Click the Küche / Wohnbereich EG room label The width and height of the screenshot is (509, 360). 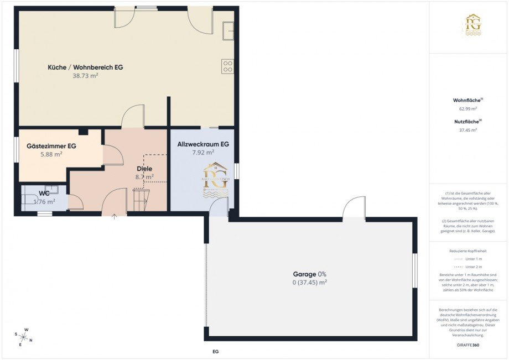point(85,67)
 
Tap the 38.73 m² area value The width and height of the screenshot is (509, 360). point(85,76)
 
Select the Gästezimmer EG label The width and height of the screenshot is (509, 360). point(51,146)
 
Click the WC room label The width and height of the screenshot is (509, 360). point(44,194)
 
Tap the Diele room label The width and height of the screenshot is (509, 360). point(144,169)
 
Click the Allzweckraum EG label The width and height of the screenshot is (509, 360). point(203,144)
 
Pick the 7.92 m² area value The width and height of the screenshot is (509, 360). point(203,152)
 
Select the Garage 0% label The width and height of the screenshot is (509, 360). point(310,274)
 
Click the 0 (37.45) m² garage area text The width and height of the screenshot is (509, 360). point(310,282)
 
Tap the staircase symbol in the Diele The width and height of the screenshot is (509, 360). point(141,200)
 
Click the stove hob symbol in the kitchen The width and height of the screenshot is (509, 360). point(228,66)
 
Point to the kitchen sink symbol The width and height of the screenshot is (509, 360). point(228,31)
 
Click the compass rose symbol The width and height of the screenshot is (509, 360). point(25,336)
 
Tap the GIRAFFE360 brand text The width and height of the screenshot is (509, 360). point(468,345)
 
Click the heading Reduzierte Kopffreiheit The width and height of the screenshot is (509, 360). point(468,251)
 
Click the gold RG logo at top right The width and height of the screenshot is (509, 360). point(472,25)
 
